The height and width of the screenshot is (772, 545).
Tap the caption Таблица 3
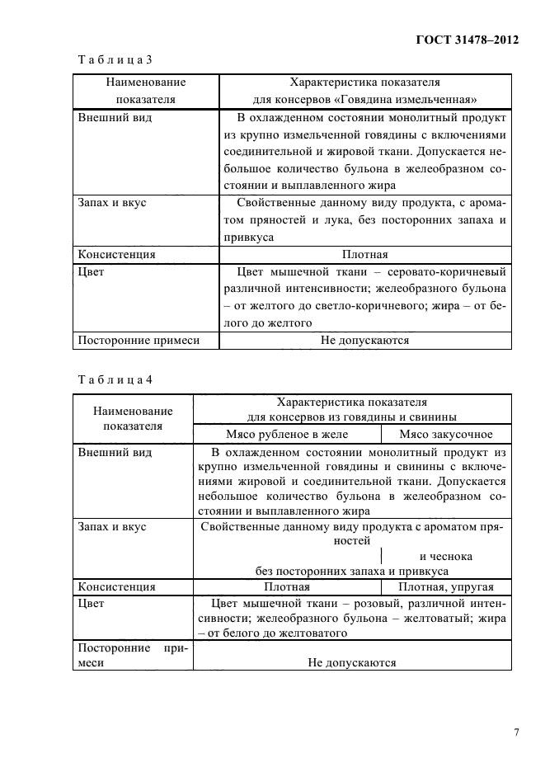click(x=115, y=59)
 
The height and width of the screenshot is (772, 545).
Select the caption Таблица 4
click(x=115, y=379)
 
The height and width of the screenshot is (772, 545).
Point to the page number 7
click(x=516, y=732)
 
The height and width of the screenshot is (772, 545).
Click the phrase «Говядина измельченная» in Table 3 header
click(x=428, y=99)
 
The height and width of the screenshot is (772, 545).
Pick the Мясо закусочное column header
click(x=446, y=434)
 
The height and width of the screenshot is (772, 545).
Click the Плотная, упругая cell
click(x=446, y=587)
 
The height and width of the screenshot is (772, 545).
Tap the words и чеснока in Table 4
click(x=445, y=556)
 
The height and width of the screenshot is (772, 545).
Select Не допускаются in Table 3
click(x=364, y=339)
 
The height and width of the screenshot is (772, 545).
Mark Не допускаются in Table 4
click(x=352, y=661)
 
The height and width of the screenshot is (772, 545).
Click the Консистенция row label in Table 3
click(x=116, y=254)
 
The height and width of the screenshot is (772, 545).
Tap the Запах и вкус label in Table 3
click(x=111, y=203)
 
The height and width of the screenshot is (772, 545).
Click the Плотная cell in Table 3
click(x=364, y=254)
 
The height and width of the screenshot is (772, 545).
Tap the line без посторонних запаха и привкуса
click(x=352, y=571)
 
